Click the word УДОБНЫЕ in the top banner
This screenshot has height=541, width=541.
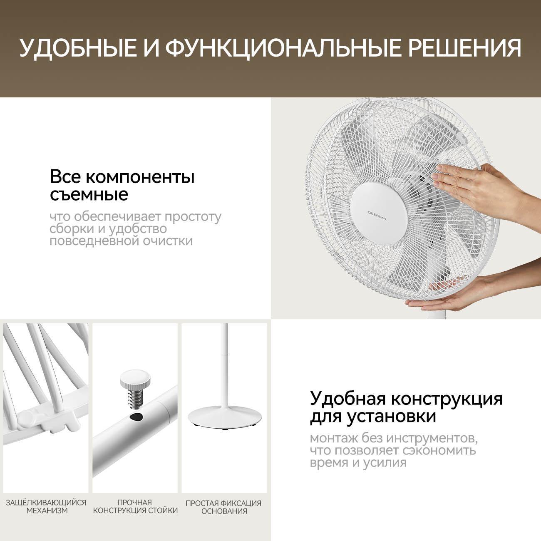click(x=78, y=48)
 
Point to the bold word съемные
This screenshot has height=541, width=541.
click(x=89, y=194)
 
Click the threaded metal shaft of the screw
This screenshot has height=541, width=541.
click(x=136, y=397)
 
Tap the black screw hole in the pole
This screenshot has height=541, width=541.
click(x=136, y=417)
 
